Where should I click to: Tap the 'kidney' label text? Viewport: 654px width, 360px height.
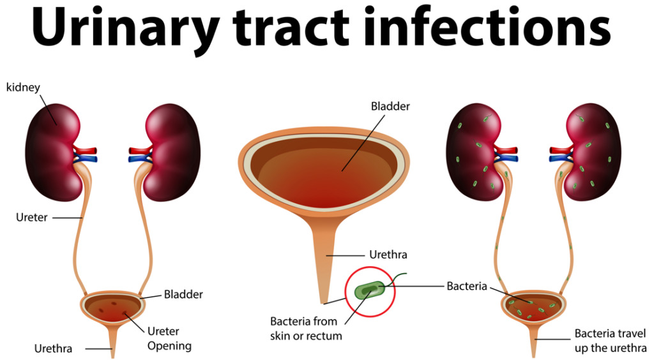click(x=23, y=87)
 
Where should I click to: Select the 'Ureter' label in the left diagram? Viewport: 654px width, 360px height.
click(x=32, y=218)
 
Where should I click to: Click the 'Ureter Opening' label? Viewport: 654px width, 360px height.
click(x=169, y=338)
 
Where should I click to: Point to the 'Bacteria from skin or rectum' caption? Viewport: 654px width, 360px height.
click(x=306, y=328)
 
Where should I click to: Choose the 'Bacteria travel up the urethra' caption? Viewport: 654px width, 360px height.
click(x=610, y=340)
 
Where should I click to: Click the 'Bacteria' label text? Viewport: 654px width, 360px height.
click(x=467, y=286)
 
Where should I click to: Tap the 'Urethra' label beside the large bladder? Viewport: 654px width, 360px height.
click(x=388, y=255)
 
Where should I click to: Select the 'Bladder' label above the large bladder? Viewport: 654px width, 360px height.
click(x=390, y=106)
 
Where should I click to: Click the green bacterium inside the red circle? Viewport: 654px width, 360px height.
click(x=370, y=290)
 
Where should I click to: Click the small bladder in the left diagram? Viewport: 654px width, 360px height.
click(x=112, y=307)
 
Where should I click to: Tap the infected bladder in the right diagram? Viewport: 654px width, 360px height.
click(x=533, y=307)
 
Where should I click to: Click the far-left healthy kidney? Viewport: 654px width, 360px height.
click(x=52, y=152)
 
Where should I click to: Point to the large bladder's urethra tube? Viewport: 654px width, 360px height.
click(x=324, y=259)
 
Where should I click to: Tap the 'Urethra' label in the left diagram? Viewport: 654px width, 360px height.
click(x=53, y=349)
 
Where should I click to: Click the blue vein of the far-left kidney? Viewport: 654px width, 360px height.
click(x=87, y=158)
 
